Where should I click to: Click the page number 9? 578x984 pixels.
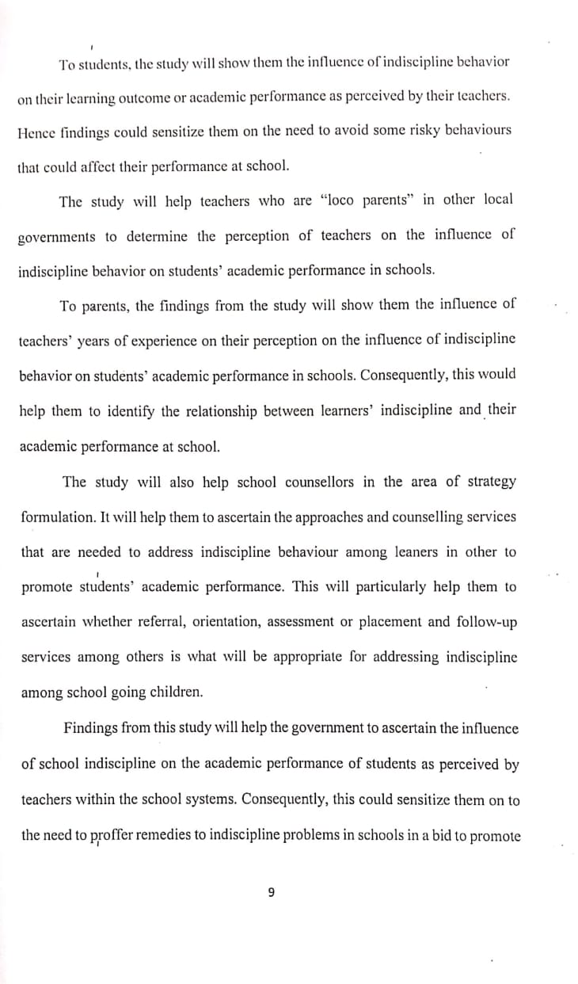pyautogui.click(x=271, y=893)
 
